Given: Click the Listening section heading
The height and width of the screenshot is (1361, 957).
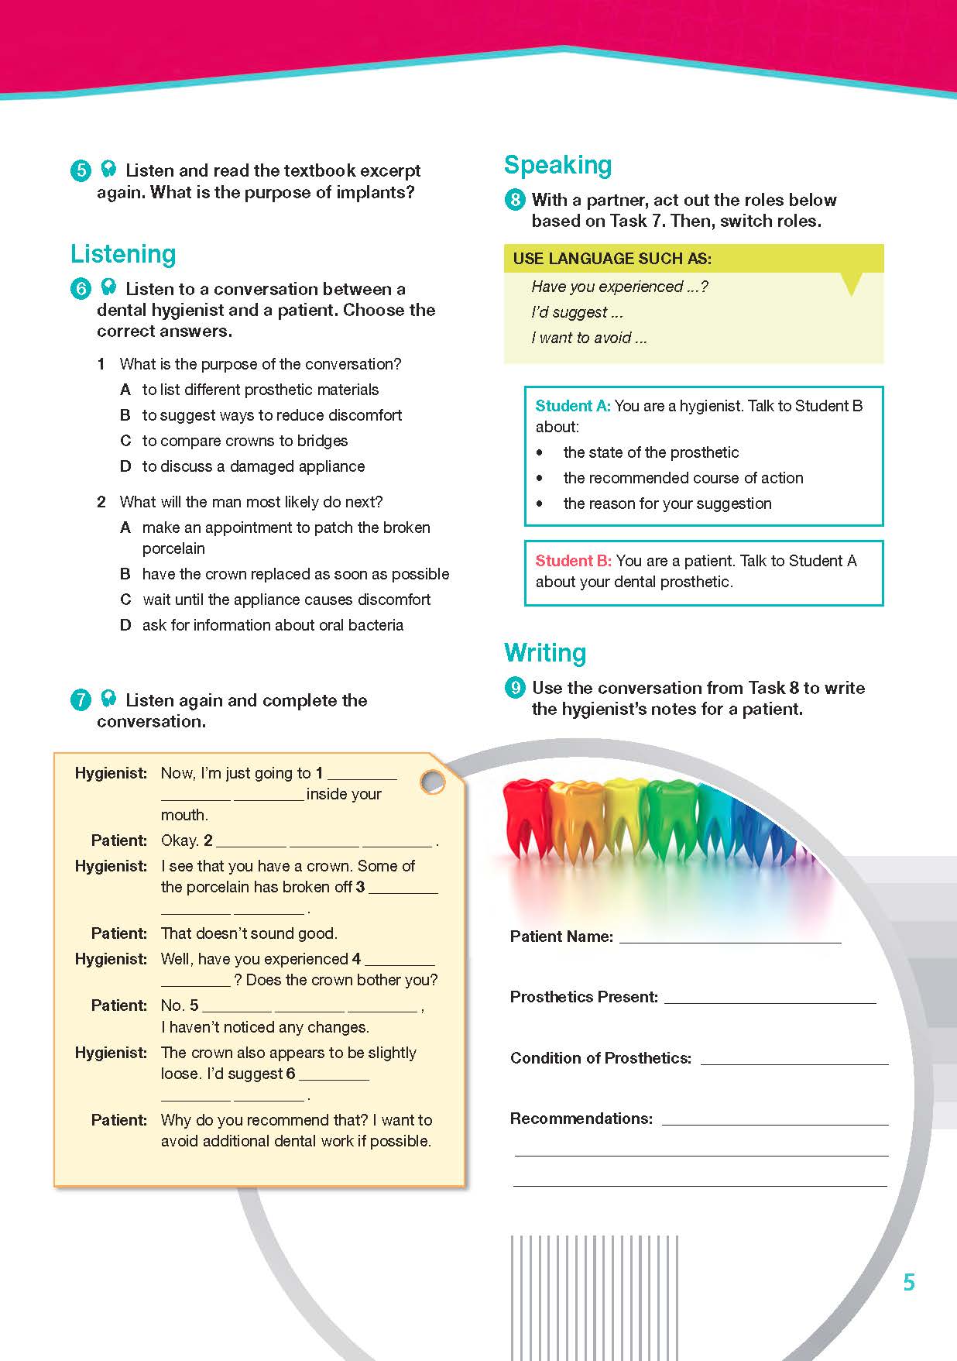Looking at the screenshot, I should [123, 254].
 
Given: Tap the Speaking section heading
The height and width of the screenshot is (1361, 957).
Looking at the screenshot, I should [557, 165].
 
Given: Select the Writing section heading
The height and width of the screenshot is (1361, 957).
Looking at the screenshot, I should [545, 653].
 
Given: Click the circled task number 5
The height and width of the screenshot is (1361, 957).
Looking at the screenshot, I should [81, 170].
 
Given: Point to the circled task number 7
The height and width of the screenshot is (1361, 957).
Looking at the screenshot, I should [81, 700].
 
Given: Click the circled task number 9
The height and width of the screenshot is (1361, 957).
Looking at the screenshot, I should [515, 688].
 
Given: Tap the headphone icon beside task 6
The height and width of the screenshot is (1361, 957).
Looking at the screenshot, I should [108, 288].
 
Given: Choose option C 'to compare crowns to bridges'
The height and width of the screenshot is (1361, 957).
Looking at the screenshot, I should [245, 441].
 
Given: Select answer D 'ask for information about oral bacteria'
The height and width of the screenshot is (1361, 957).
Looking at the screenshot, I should [273, 625].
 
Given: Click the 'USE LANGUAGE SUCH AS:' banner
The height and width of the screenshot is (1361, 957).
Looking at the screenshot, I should [612, 259].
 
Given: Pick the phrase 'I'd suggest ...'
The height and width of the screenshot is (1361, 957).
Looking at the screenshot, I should [577, 312].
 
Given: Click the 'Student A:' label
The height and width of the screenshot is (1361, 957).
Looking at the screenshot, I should [573, 406].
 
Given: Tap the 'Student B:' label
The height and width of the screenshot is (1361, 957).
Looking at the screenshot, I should [574, 561].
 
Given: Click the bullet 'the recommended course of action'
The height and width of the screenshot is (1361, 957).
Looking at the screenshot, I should [683, 478].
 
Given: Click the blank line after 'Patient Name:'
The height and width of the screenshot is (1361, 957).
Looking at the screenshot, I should [729, 938].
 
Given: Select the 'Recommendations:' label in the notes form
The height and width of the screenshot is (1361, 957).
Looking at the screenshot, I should [581, 1119].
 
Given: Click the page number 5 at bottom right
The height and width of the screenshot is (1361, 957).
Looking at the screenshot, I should [909, 1283].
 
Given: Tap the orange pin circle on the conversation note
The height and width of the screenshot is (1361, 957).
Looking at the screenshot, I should [432, 782].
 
